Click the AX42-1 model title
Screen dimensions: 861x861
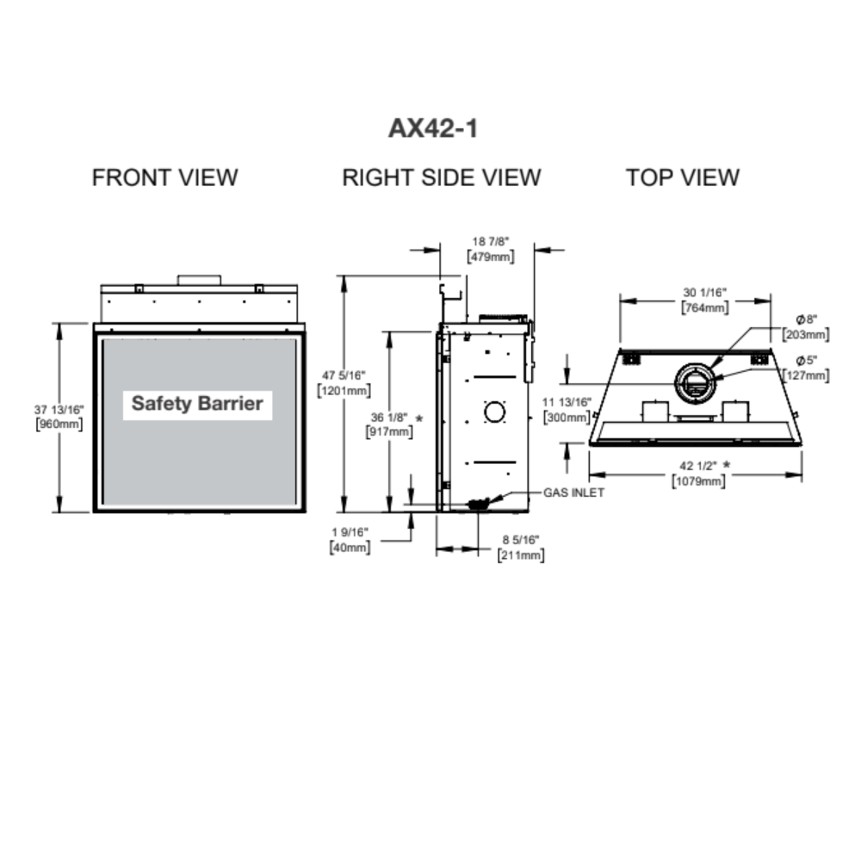click(432, 129)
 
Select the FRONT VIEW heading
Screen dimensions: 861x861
click(164, 178)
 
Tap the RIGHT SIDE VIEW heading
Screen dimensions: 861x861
click(442, 178)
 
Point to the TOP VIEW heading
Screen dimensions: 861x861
click(682, 178)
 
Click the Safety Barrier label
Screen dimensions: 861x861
click(197, 403)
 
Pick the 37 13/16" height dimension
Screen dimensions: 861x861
click(59, 410)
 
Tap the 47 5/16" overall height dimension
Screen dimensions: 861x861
click(344, 375)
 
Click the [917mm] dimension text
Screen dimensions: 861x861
click(389, 431)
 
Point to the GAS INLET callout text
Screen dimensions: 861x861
click(573, 493)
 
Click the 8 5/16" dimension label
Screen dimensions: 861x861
click(521, 541)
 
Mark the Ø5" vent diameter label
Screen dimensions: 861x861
click(807, 361)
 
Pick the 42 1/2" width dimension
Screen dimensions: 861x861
click(697, 466)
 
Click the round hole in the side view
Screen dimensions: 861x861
click(494, 412)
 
